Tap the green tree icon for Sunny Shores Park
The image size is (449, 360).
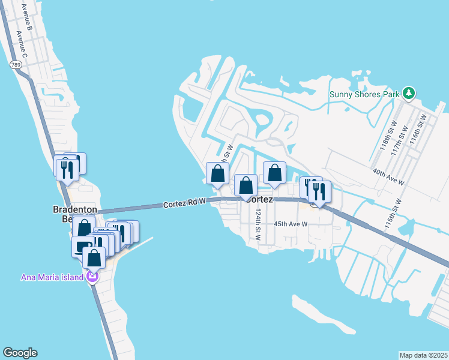click(x=409, y=93)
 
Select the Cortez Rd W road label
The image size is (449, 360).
click(x=185, y=205)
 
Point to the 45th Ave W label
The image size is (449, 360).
click(x=291, y=224)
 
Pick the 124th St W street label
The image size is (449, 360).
click(x=258, y=225)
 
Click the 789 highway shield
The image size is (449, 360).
click(x=13, y=64)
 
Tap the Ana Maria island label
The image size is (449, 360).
click(x=52, y=277)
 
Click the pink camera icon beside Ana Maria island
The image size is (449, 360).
click(x=92, y=277)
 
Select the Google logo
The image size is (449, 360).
click(x=20, y=353)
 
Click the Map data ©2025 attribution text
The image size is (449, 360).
click(x=424, y=355)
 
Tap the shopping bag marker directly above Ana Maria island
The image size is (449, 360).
click(x=94, y=259)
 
